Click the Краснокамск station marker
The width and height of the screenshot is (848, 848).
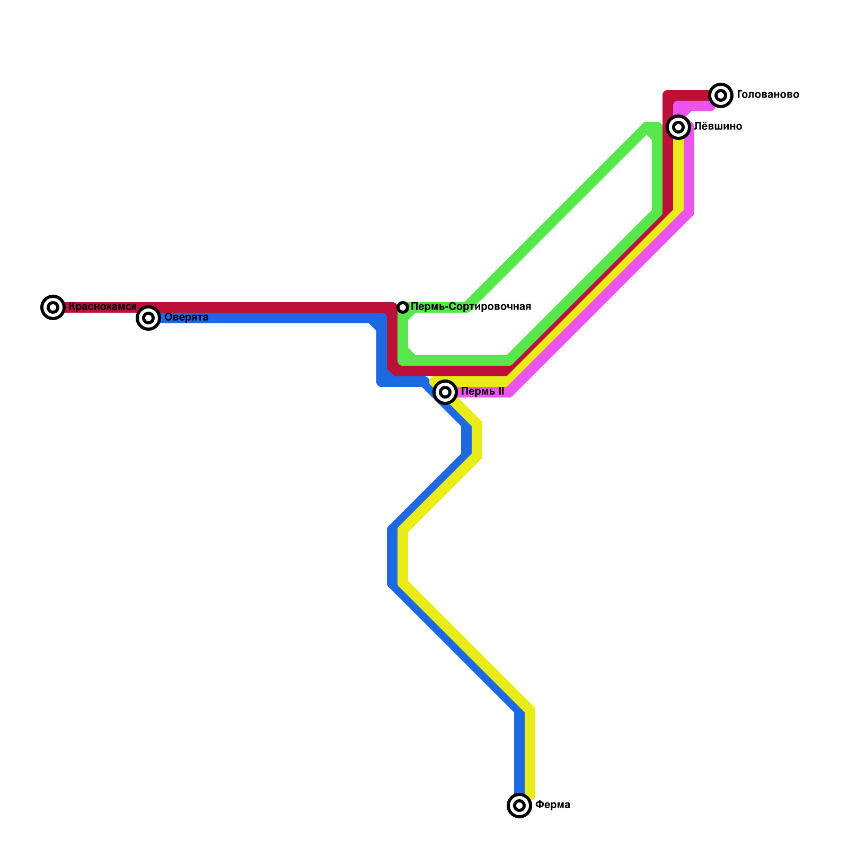pyautogui.click(x=53, y=307)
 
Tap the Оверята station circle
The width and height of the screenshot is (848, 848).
pyautogui.click(x=149, y=318)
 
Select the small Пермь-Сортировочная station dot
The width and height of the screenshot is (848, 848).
pyautogui.click(x=403, y=307)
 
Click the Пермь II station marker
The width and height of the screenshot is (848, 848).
pyautogui.click(x=445, y=392)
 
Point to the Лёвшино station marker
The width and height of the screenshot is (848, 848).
pyautogui.click(x=678, y=127)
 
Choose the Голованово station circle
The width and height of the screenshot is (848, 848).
pyautogui.click(x=721, y=95)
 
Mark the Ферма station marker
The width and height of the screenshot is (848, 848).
pyautogui.click(x=519, y=806)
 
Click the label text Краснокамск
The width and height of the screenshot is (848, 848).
pyautogui.click(x=102, y=307)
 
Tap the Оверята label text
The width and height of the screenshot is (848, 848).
pyautogui.click(x=186, y=317)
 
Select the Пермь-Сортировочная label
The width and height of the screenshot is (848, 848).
pyautogui.click(x=471, y=307)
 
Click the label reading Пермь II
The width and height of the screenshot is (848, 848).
pyautogui.click(x=482, y=392)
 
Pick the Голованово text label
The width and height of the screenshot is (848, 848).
pyautogui.click(x=767, y=95)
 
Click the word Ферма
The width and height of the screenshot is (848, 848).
pyautogui.click(x=552, y=805)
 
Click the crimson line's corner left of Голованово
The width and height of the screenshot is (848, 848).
pyautogui.click(x=668, y=96)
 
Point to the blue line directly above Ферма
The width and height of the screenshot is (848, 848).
pyautogui.click(x=519, y=753)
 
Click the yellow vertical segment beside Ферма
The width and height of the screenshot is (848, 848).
pyautogui.click(x=530, y=753)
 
